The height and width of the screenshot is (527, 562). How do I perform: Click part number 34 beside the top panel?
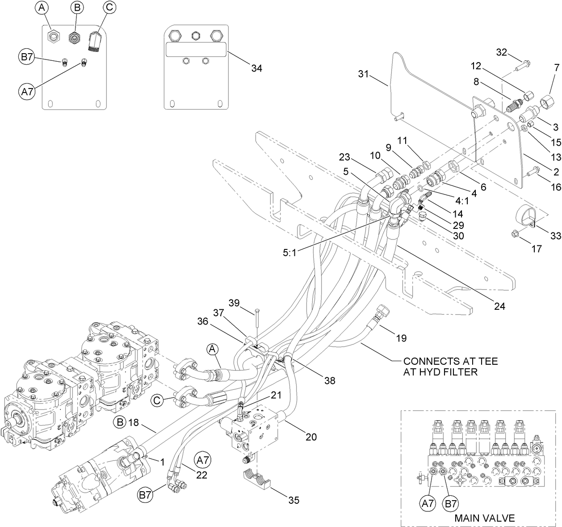(x=256, y=68)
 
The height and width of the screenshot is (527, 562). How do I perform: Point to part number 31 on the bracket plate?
(x=364, y=74)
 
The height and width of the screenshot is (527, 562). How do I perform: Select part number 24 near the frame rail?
(x=499, y=306)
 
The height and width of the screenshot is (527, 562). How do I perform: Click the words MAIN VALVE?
(x=484, y=518)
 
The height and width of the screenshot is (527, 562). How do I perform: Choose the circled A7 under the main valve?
(x=428, y=504)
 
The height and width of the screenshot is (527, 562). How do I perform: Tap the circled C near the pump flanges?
(x=157, y=401)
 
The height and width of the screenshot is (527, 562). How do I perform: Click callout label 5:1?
(x=289, y=253)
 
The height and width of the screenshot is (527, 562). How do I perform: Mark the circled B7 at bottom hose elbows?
(x=145, y=495)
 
